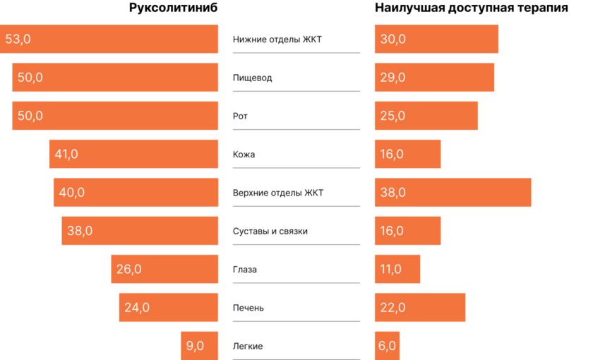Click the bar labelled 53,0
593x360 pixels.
[x=109, y=39]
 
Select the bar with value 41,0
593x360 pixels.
[x=133, y=154]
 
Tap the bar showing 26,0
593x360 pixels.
[x=164, y=269]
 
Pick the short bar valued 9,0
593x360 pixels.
[x=200, y=345]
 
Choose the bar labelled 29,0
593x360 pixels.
[x=434, y=77]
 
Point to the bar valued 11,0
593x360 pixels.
[x=397, y=269]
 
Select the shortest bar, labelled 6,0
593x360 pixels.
[x=387, y=345]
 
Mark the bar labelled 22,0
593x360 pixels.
[x=420, y=307]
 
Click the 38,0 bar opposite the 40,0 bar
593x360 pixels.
[x=453, y=192]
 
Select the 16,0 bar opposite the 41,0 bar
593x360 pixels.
[x=408, y=154]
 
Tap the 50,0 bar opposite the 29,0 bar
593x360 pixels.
[x=115, y=77]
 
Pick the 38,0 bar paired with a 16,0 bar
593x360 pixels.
[x=140, y=231]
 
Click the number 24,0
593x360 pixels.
[x=137, y=308]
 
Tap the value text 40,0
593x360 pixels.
[x=71, y=193]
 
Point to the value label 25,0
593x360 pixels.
[x=393, y=116]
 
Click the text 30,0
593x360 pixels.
[x=393, y=40]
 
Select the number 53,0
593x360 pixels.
[x=18, y=40]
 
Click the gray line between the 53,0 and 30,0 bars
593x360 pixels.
[x=296, y=52]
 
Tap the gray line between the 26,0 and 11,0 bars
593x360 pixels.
[x=296, y=282]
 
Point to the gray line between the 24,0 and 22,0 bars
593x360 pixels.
[x=296, y=321]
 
